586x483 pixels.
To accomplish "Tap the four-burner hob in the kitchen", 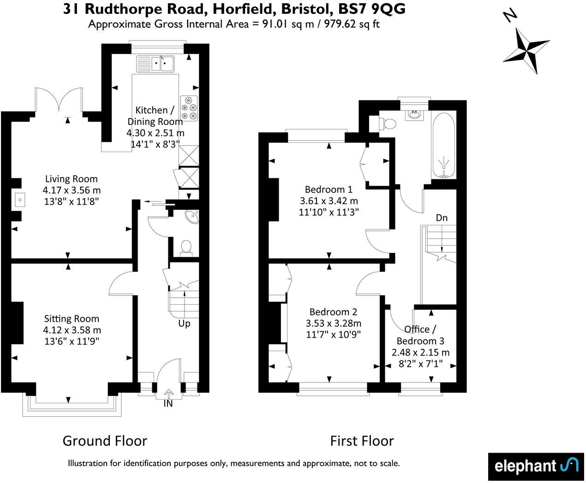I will click(x=189, y=108).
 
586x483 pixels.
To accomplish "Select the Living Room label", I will click(x=71, y=179).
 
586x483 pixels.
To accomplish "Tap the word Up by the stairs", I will click(x=184, y=324).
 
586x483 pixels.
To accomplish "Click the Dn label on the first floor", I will click(x=442, y=218).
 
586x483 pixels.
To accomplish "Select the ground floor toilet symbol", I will click(x=186, y=247).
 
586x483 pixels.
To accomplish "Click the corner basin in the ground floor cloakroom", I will click(x=191, y=217).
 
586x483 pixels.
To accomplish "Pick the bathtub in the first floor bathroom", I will click(x=444, y=145).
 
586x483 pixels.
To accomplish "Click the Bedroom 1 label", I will click(x=329, y=189).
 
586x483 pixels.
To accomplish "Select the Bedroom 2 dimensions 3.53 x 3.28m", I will click(x=334, y=323).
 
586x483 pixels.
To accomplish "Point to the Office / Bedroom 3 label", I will click(x=420, y=335).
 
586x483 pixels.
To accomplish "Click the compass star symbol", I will click(x=526, y=50).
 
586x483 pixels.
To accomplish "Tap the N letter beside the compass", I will click(x=509, y=16).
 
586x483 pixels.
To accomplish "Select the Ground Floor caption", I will click(x=105, y=441).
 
